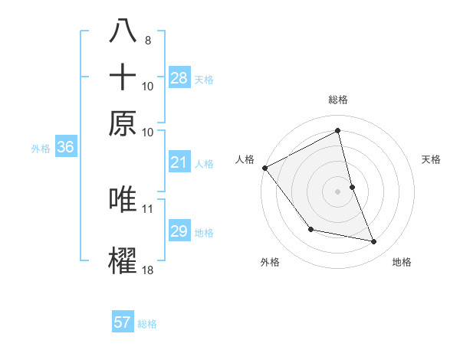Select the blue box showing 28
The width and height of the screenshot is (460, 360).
[179, 78]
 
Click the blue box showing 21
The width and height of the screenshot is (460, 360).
[179, 162]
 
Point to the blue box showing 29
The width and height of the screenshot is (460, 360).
[179, 231]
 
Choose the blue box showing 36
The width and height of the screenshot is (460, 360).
[65, 148]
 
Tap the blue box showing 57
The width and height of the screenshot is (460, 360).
[123, 322]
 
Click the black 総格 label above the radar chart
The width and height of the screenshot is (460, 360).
[338, 100]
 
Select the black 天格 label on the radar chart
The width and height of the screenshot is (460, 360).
[432, 159]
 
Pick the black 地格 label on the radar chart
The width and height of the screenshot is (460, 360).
[402, 262]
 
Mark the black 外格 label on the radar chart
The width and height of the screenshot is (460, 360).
[270, 262]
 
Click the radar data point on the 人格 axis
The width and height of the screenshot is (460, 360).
[264, 168]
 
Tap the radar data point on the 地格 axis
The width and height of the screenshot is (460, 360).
[374, 242]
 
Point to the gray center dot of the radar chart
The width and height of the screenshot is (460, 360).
[338, 191]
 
